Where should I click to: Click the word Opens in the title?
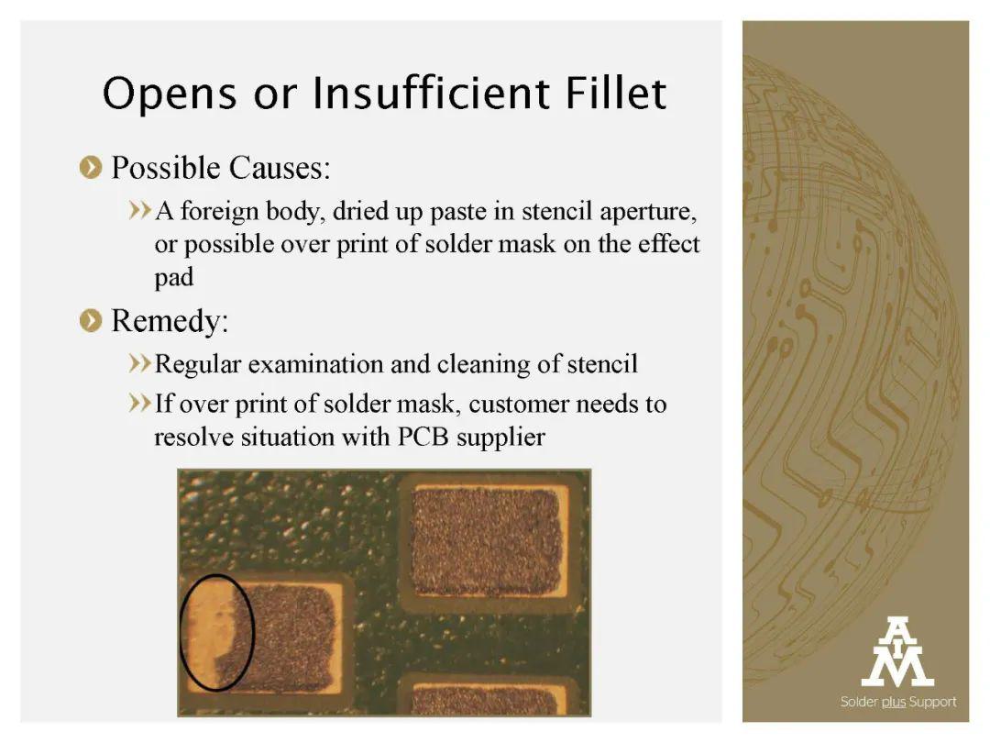(170, 94)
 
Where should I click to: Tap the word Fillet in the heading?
(616, 93)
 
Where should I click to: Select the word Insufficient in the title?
(430, 93)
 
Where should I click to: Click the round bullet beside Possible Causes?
(91, 168)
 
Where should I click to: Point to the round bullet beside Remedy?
(91, 320)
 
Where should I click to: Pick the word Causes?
(280, 168)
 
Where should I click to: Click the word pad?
(174, 278)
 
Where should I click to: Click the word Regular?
(198, 364)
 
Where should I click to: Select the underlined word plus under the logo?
(894, 702)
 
